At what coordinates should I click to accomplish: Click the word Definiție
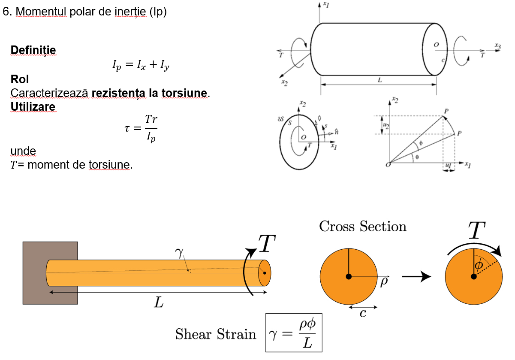click(x=33, y=50)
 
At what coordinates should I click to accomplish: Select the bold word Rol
click(x=20, y=80)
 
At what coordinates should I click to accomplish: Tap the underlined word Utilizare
click(x=33, y=106)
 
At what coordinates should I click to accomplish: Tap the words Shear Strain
click(x=216, y=334)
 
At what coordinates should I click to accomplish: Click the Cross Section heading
click(x=363, y=226)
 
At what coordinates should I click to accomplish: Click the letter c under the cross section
click(x=363, y=314)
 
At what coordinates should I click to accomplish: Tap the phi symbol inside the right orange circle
click(x=479, y=266)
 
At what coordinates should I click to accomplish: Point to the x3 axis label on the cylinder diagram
click(x=497, y=45)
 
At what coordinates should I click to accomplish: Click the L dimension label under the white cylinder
click(x=379, y=80)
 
